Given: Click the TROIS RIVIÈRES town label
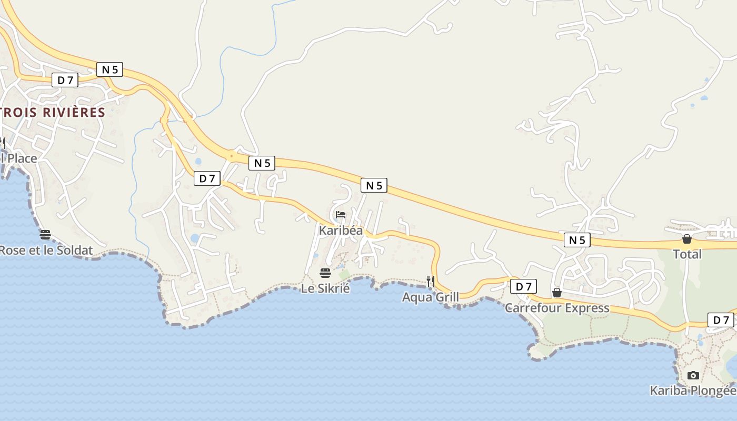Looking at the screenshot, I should (53, 112).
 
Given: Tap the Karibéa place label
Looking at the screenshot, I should (341, 230).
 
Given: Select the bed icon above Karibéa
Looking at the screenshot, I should (341, 215).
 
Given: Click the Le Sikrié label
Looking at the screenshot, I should (325, 288).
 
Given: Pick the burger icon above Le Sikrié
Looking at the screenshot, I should (325, 273).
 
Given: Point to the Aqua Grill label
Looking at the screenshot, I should (431, 297).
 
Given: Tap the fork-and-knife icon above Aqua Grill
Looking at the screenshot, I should (431, 281).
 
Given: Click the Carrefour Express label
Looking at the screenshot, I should (557, 308).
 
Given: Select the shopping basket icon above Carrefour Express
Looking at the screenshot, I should (557, 293).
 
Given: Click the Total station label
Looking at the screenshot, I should (687, 254).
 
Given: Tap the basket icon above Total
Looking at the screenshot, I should (687, 239).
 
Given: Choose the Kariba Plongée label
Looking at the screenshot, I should (693, 390).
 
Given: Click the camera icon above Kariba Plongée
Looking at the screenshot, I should (693, 375).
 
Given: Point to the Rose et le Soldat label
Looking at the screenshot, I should (46, 250).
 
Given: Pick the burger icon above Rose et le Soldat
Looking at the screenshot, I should (45, 234).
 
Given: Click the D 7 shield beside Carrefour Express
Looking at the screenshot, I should (523, 286).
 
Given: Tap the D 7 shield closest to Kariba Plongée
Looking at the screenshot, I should (721, 320).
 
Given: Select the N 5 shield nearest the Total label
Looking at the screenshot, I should (577, 240).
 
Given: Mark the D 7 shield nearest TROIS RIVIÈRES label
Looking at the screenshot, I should (65, 80).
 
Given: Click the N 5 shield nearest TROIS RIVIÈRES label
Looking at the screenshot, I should (109, 69).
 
